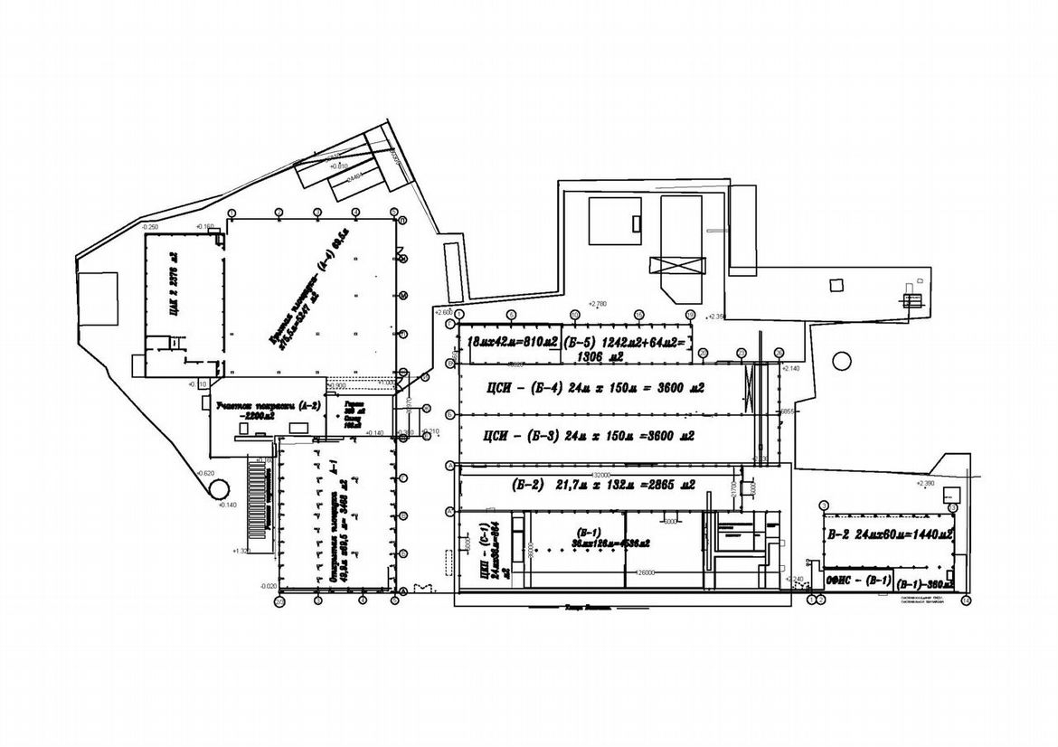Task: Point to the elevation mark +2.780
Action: (x=597, y=304)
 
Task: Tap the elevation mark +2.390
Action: (x=924, y=484)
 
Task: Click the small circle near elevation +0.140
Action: (x=219, y=487)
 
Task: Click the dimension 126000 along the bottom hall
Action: (x=646, y=572)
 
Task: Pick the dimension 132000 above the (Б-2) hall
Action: (x=600, y=473)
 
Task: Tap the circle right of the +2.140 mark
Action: (x=842, y=360)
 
